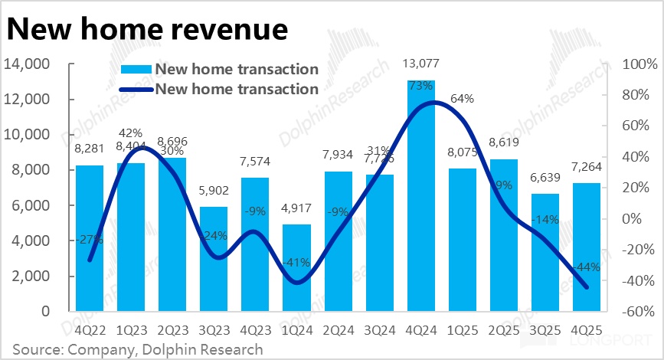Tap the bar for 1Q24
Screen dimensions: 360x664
(x=296, y=268)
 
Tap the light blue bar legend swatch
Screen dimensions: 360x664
(x=137, y=70)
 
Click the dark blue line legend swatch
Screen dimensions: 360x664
(x=137, y=89)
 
